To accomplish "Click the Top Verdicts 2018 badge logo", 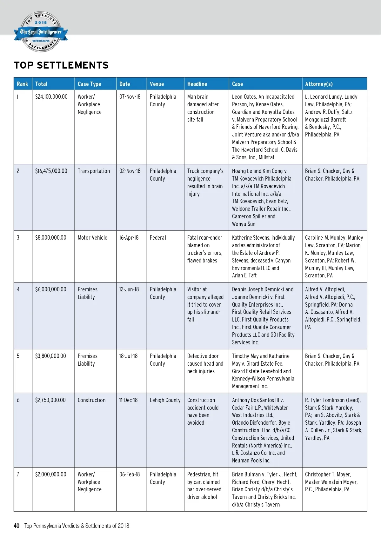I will tap(41, 32).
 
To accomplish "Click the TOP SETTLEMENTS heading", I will tap(61, 65).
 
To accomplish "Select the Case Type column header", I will tap(89, 84).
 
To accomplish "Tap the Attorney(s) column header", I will tap(319, 84).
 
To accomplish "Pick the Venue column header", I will tap(157, 84).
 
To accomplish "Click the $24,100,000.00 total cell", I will tap(51, 97).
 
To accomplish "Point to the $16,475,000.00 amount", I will tap(51, 171).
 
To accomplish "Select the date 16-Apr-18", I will tap(129, 238).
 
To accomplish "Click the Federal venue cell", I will tap(158, 238).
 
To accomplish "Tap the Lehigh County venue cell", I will tap(165, 400).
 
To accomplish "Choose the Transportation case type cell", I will tap(94, 171).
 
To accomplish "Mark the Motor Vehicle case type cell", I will tap(92, 238).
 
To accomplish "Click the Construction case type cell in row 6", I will tap(91, 400).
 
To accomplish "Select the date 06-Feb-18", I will tap(130, 474).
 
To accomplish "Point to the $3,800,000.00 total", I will tap(50, 356).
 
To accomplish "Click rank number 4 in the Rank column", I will tap(18, 289).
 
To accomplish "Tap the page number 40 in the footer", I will tap(17, 526).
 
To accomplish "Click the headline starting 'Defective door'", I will tap(205, 364).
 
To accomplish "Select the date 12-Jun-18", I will tap(129, 289).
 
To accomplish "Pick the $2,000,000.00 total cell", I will tap(51, 474).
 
